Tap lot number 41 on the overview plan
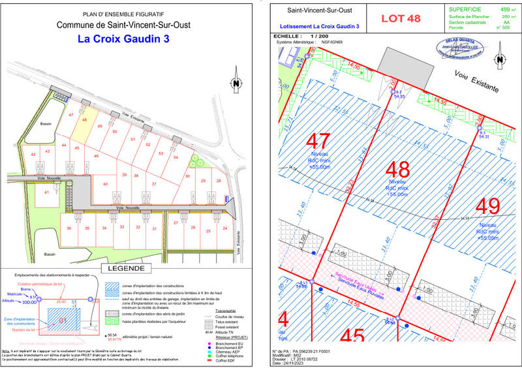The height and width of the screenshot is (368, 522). pos(46,193)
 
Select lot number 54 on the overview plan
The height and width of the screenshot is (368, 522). pos(176,157)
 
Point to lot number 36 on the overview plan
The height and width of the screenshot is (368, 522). pos(69,228)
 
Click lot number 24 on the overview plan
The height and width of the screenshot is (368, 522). pos(224,228)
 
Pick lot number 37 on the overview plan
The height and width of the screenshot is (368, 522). pos(154,185)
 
